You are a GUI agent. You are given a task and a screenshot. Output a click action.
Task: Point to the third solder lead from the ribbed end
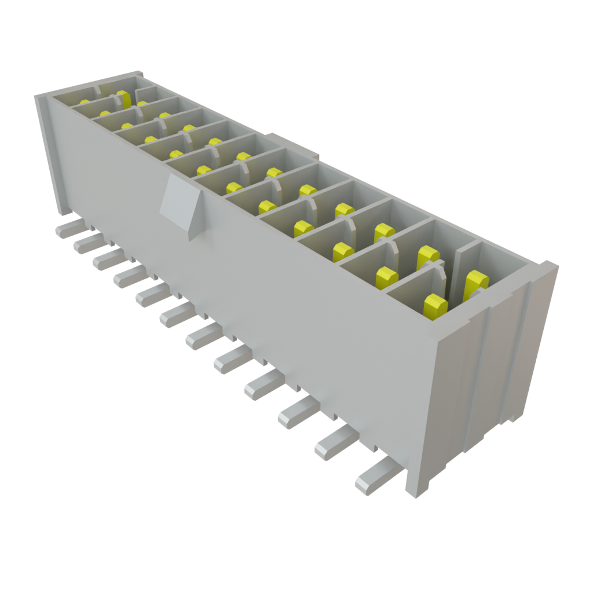pyautogui.click(x=296, y=413)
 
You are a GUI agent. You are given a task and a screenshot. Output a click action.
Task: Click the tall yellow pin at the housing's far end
pyautogui.click(x=123, y=99)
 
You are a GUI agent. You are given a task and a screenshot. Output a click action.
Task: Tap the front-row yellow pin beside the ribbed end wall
pyautogui.click(x=435, y=305)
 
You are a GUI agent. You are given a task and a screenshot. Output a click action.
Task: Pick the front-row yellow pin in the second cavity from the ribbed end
pyautogui.click(x=386, y=279)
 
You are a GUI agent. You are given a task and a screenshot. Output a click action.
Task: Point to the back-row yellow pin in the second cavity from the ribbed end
pyautogui.click(x=428, y=257)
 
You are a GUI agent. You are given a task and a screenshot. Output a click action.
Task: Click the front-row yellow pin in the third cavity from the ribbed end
pyautogui.click(x=343, y=252)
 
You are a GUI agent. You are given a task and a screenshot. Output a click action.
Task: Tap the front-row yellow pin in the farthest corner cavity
pyautogui.click(x=85, y=103)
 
